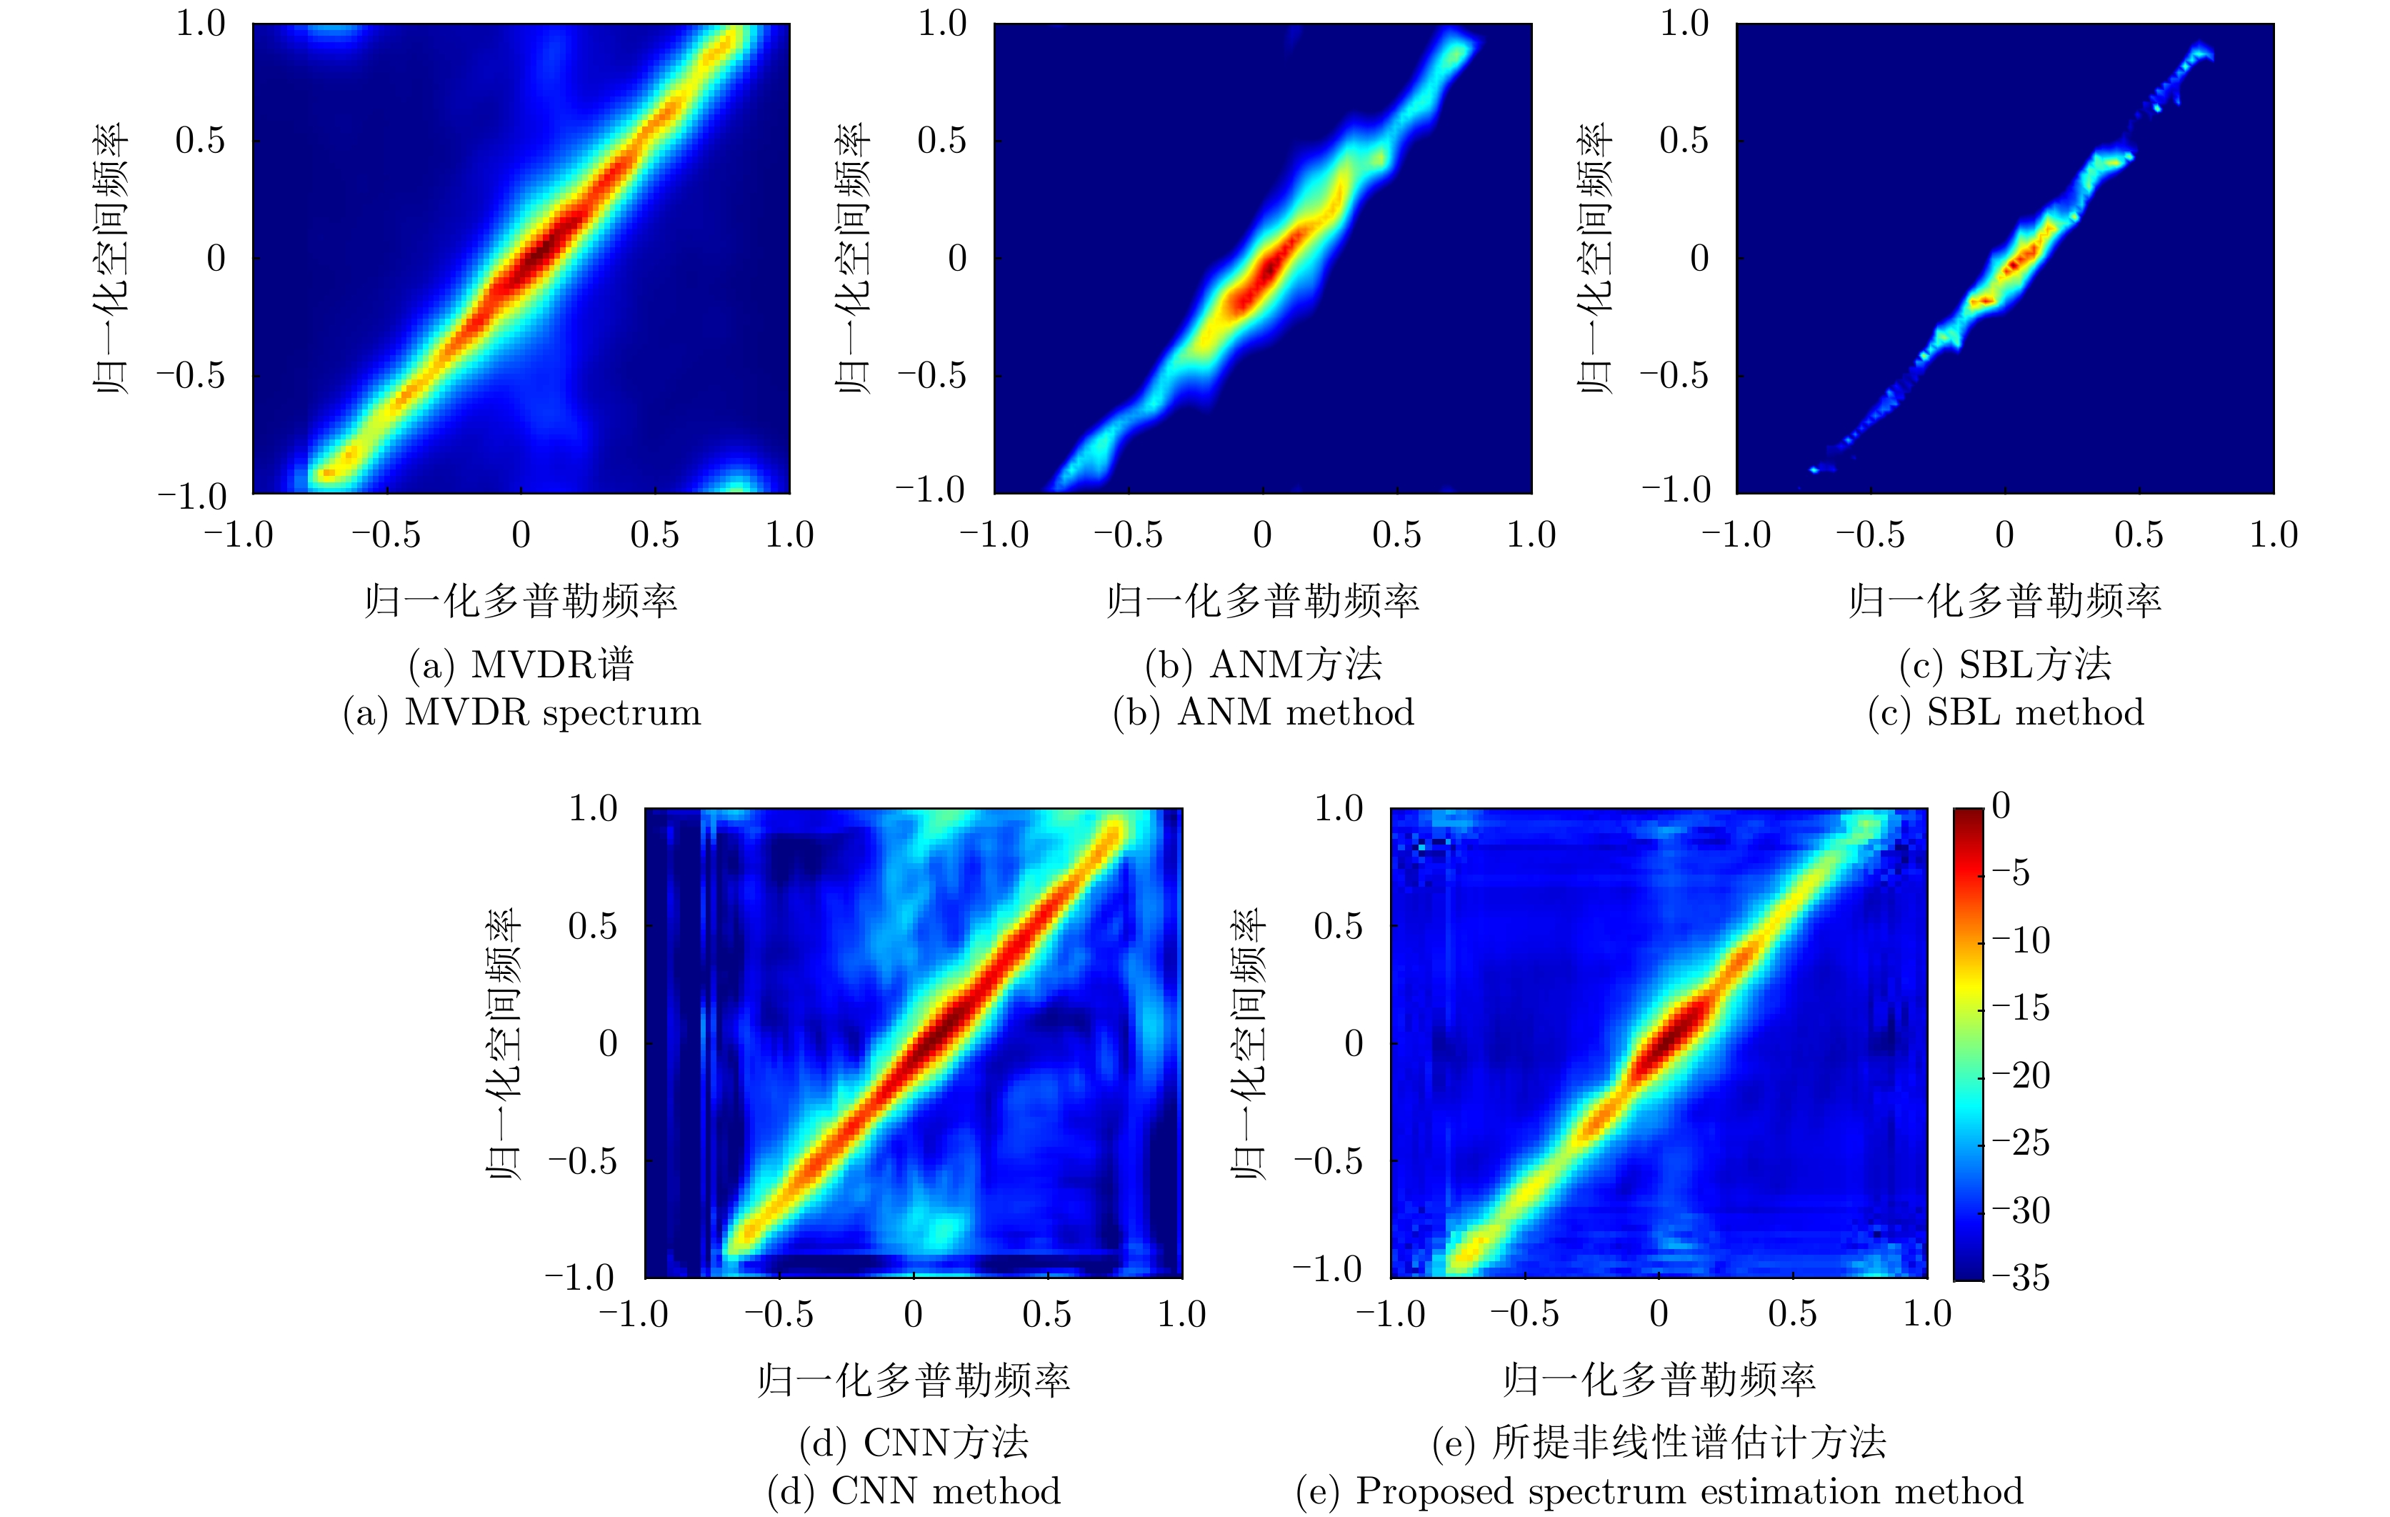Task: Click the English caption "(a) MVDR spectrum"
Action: tap(522, 713)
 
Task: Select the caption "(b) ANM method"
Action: tap(1264, 713)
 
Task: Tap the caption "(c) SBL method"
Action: tap(2005, 713)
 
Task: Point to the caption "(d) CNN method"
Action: tap(914, 1491)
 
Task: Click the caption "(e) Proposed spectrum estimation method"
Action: tap(1659, 1491)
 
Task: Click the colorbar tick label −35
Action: tap(2021, 1277)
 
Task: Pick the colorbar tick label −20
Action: tap(2021, 1075)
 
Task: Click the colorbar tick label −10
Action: tap(2021, 940)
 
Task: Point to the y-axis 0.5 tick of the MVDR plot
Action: tap(201, 141)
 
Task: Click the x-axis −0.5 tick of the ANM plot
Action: tap(1129, 535)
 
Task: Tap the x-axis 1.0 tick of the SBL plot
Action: tap(2273, 535)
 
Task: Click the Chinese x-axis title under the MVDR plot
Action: tap(521, 601)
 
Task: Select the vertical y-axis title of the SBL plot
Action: tap(1595, 258)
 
